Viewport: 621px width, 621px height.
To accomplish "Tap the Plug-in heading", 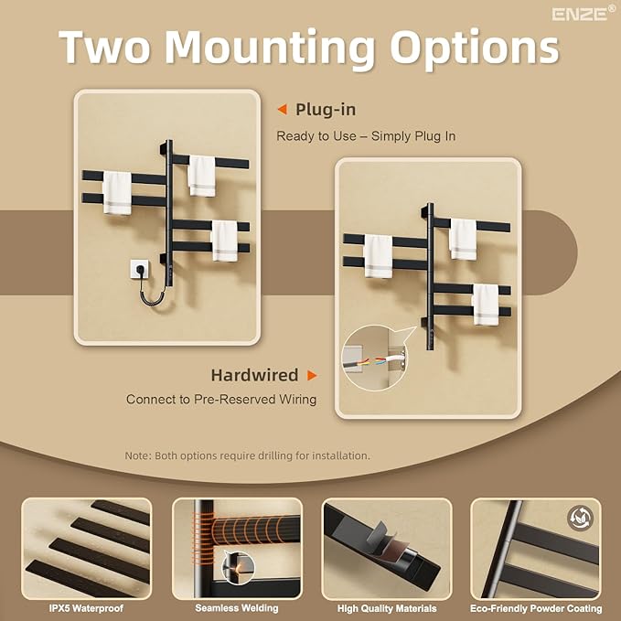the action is (326, 110).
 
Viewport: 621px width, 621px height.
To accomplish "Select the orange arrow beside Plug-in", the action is (282, 110).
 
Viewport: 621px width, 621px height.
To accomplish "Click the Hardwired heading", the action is (254, 375).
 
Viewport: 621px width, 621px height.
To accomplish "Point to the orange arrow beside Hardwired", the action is (312, 375).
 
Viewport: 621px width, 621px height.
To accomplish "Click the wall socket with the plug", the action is (139, 269).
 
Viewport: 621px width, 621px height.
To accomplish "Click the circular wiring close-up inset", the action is (374, 359).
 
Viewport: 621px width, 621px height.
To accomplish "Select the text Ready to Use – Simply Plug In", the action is (366, 136).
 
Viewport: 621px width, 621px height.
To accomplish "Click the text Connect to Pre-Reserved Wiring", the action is (221, 399).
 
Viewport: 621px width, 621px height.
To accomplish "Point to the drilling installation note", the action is (247, 455).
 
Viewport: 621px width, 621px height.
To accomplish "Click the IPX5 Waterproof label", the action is (86, 608).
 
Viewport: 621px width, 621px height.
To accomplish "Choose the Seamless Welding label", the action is (237, 608).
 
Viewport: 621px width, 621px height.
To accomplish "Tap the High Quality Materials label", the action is (387, 608).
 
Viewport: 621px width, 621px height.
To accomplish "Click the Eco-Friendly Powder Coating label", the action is (536, 608).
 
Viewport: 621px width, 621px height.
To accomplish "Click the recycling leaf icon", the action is (580, 518).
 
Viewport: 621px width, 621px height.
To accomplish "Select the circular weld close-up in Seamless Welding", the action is (238, 568).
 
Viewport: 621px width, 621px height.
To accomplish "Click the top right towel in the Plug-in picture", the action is (201, 176).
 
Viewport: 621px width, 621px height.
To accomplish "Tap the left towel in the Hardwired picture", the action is (378, 257).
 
